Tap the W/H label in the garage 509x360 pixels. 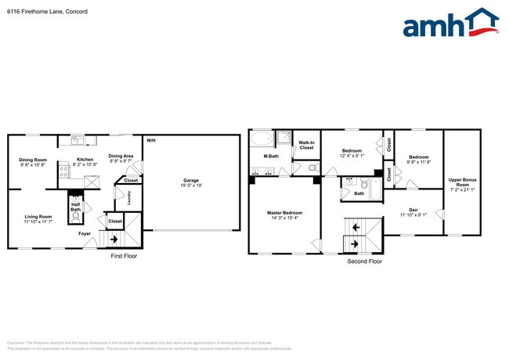coord(151,139)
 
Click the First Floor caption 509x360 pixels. coord(125,256)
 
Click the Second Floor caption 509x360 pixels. coord(364,261)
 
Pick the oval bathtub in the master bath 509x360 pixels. coord(261,140)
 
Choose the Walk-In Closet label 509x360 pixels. coord(306,145)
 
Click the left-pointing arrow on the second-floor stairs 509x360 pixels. coord(356,228)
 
